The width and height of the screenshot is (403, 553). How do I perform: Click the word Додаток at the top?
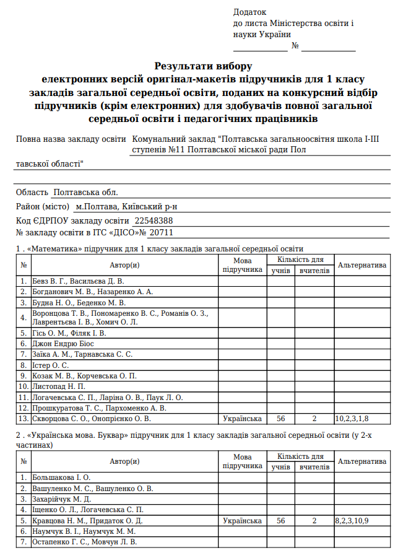[249, 12]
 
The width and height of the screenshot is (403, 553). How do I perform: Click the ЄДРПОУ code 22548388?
[154, 220]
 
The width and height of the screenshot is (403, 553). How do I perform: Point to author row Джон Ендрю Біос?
[64, 342]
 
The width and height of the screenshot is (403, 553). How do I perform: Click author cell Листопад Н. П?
[56, 386]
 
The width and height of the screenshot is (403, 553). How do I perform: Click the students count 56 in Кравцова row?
[281, 521]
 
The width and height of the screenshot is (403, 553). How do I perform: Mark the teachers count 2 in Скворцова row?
[314, 419]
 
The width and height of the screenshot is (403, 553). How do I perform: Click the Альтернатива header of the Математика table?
[362, 265]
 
